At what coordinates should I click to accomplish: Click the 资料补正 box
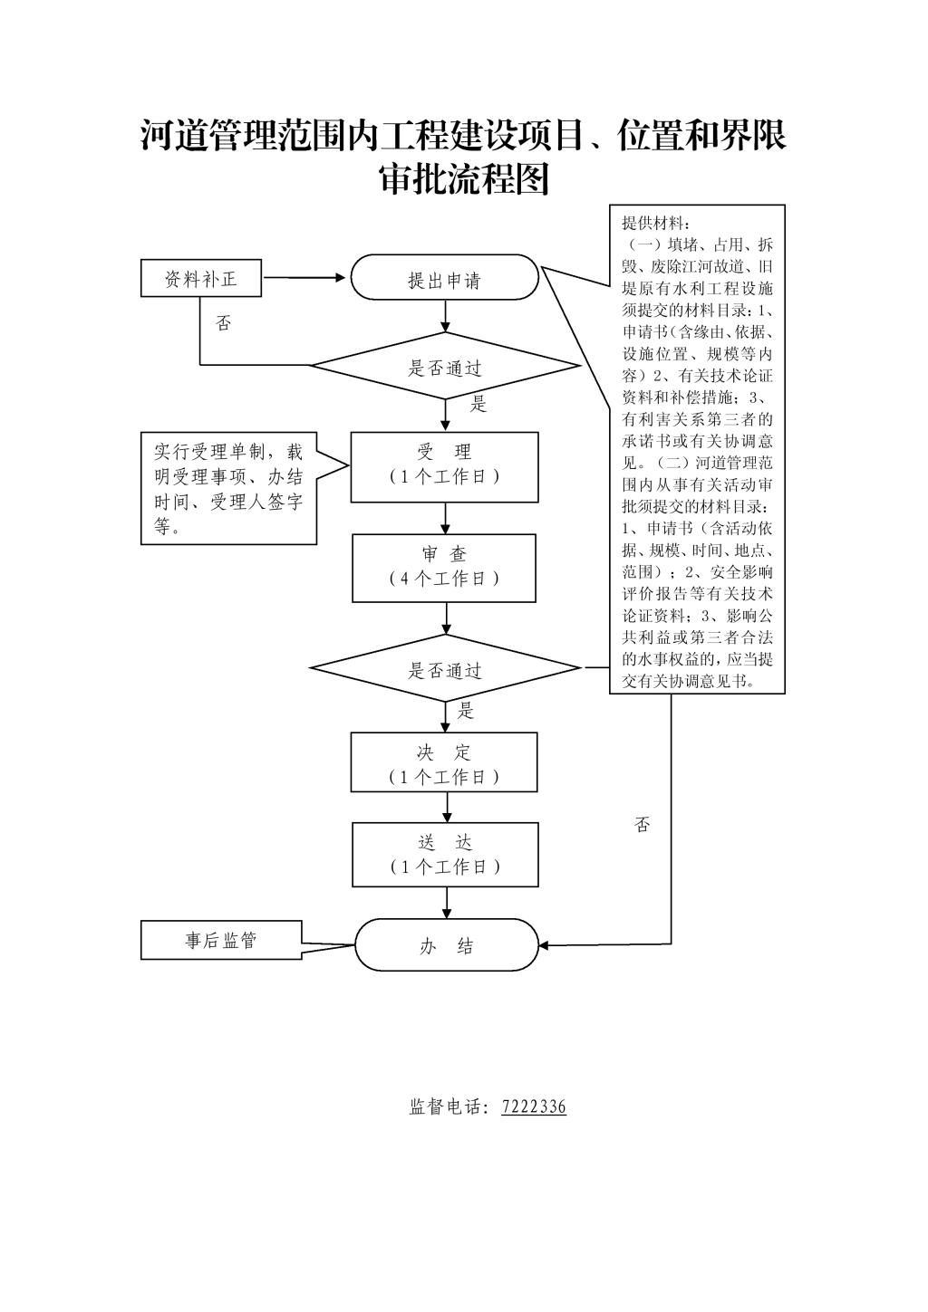click(x=200, y=279)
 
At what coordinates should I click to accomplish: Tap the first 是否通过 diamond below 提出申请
click(x=445, y=367)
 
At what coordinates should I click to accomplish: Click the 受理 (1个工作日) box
click(x=445, y=466)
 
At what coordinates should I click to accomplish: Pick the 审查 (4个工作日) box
click(x=444, y=568)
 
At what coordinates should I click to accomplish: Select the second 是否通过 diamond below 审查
click(x=445, y=670)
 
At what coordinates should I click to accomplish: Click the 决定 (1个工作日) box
click(x=444, y=762)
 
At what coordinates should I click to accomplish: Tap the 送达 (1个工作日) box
click(x=445, y=854)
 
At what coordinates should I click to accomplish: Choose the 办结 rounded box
click(x=446, y=946)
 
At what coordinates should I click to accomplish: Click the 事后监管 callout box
click(x=221, y=941)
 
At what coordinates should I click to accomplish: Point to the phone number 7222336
click(x=534, y=1106)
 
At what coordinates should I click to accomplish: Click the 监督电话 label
click(x=447, y=1106)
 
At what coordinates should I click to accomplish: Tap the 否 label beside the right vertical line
click(x=643, y=825)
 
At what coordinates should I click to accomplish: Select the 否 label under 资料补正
click(x=223, y=323)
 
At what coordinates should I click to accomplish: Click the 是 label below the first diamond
click(x=478, y=405)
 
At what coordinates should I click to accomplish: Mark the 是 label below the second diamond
click(x=466, y=711)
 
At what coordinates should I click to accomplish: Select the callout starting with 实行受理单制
click(x=228, y=488)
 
